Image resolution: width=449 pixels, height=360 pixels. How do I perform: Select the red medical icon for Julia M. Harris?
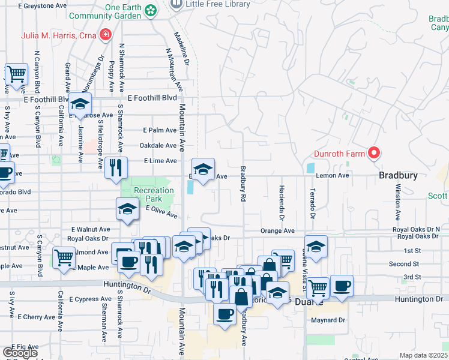(106, 34)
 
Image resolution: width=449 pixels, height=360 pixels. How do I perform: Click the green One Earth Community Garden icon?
(151, 10)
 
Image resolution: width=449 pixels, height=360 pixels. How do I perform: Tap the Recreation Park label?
(154, 194)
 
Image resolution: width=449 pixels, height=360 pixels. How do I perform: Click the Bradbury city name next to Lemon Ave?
(397, 176)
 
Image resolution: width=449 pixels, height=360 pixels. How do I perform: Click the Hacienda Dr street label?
(281, 202)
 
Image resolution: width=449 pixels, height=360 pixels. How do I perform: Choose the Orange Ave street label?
(277, 231)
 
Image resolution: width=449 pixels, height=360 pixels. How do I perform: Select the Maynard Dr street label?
(328, 320)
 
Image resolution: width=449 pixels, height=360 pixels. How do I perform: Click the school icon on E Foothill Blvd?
(80, 104)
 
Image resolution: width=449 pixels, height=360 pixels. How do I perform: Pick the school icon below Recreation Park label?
(127, 209)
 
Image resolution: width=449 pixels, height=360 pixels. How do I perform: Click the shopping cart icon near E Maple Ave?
(64, 258)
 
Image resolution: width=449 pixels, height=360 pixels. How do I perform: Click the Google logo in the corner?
(19, 353)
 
